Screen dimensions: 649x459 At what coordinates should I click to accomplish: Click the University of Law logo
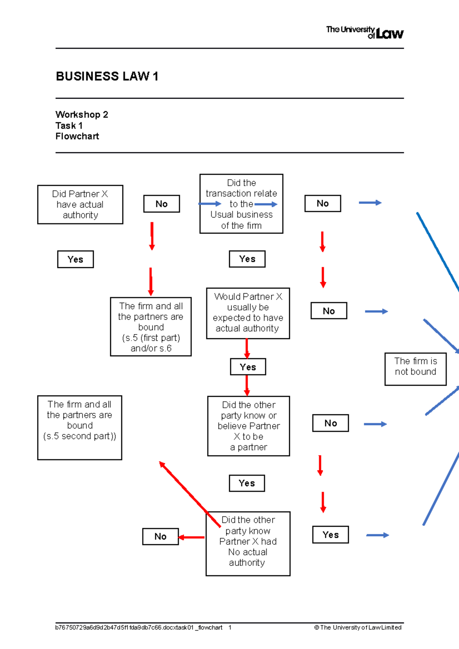click(x=365, y=32)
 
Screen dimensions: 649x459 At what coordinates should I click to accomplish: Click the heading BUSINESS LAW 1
click(x=107, y=76)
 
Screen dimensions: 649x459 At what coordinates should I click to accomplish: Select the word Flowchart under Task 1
click(x=77, y=136)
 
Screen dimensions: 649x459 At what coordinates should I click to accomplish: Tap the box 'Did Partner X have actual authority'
click(x=80, y=204)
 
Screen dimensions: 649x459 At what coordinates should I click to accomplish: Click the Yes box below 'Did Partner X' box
click(x=75, y=259)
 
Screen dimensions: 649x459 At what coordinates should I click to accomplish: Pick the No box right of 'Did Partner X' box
click(x=161, y=204)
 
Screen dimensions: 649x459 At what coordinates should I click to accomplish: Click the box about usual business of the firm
click(x=241, y=204)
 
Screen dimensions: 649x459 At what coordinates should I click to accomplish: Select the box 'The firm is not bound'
click(x=415, y=368)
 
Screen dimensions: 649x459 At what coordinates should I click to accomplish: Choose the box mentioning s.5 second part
click(x=80, y=427)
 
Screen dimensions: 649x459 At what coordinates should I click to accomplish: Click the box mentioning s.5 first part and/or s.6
click(x=151, y=326)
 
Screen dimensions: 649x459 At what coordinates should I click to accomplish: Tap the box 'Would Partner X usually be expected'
click(x=248, y=313)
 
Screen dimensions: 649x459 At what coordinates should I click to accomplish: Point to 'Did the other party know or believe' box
click(x=249, y=425)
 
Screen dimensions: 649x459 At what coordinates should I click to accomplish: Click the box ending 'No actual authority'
click(x=248, y=543)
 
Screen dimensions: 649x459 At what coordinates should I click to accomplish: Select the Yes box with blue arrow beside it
click(x=330, y=535)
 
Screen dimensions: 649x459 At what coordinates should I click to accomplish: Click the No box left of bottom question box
click(x=160, y=536)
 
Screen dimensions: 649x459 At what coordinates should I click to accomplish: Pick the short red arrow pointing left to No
click(x=192, y=537)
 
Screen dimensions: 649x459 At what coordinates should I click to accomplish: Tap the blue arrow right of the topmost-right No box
click(x=370, y=203)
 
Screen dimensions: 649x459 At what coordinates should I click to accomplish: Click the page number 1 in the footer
click(x=230, y=627)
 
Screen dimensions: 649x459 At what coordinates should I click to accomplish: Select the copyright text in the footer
click(x=358, y=627)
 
